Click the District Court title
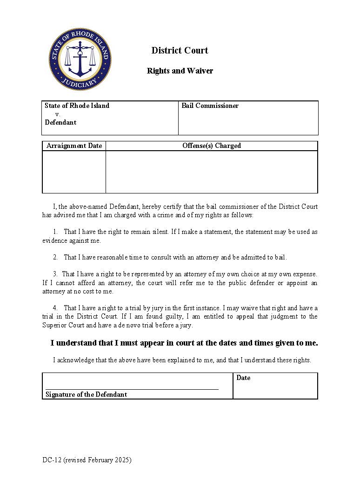point(180,50)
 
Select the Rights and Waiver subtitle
point(180,71)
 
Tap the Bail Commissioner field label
point(210,106)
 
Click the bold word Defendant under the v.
point(60,122)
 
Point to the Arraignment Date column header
point(74,146)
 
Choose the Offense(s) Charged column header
point(211,146)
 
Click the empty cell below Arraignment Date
point(74,172)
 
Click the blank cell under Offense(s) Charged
point(211,172)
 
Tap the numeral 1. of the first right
point(55,232)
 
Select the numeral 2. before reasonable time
point(55,257)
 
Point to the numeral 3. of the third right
point(55,274)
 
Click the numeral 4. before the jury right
point(55,308)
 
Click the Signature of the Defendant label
point(86,394)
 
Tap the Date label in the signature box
point(243,378)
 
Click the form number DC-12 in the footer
point(51,460)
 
